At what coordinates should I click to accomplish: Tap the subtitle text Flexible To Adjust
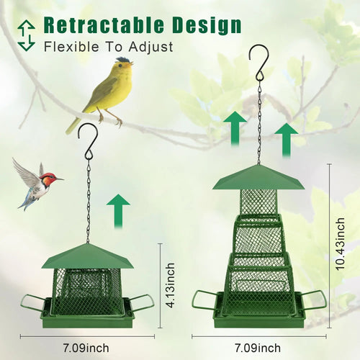click(107, 48)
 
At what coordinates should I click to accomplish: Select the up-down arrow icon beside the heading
click(27, 35)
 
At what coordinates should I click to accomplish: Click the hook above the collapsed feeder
click(89, 140)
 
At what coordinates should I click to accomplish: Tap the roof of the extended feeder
click(258, 176)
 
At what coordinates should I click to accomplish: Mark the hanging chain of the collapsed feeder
click(89, 202)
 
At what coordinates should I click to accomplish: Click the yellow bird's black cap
click(123, 60)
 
